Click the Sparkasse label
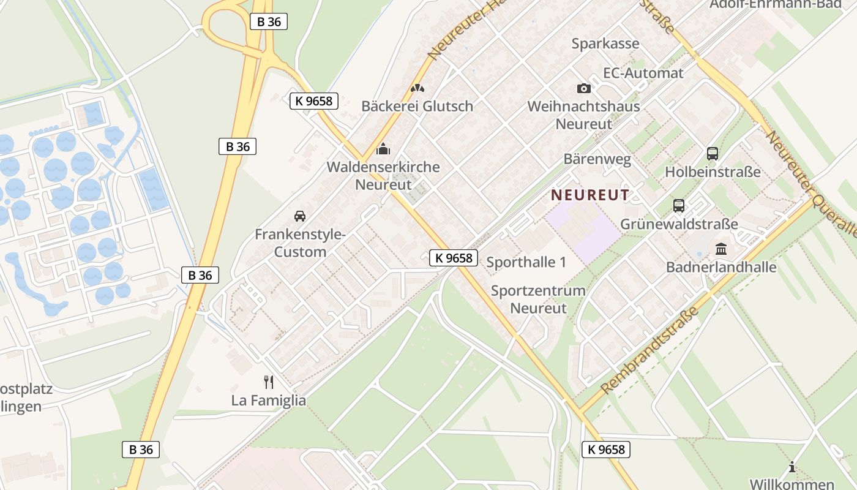(605, 43)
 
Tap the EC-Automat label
(643, 73)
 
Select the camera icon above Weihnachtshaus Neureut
(584, 88)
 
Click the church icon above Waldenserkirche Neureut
(383, 149)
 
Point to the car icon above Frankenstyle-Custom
(300, 216)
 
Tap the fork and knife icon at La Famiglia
(268, 382)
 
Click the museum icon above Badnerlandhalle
(721, 249)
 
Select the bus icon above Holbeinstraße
(713, 154)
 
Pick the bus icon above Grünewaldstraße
(679, 206)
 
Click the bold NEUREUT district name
(590, 195)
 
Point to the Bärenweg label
(597, 160)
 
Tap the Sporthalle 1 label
(526, 262)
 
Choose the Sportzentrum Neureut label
(538, 299)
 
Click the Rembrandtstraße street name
(650, 350)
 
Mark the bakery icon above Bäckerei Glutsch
(417, 88)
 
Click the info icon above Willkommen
(792, 467)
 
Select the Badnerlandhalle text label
(721, 267)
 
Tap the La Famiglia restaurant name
(268, 401)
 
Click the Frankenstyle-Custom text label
(300, 243)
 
